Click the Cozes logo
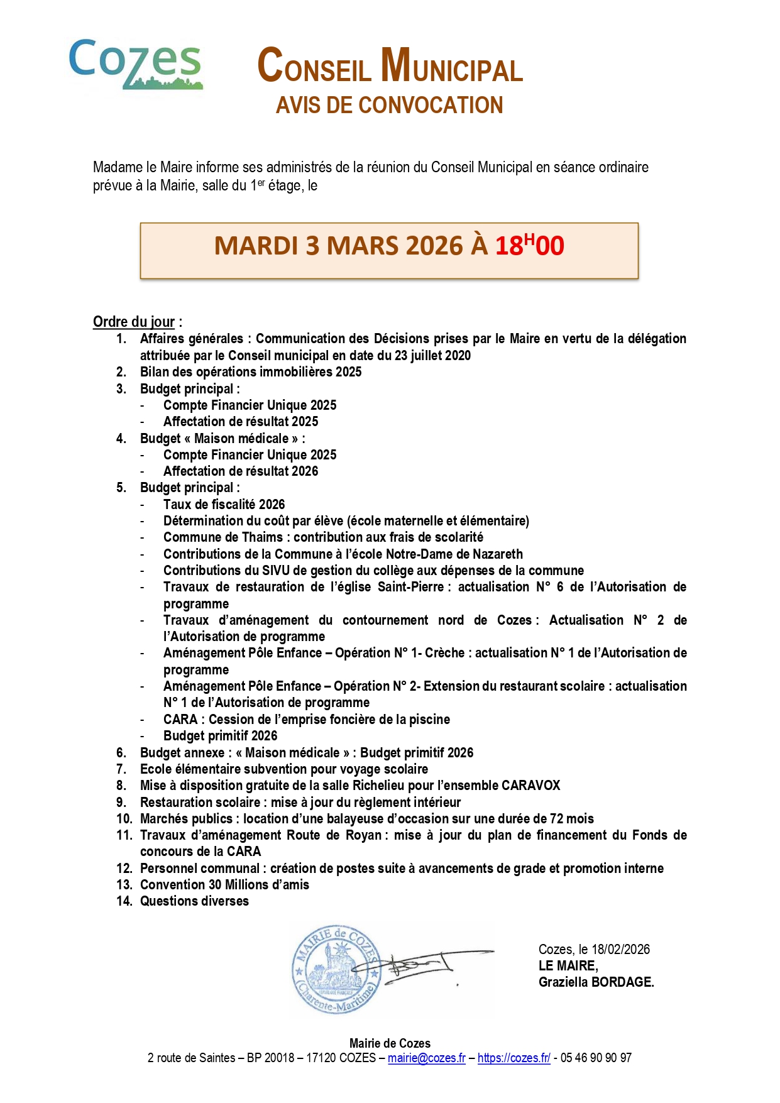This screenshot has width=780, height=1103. (135, 63)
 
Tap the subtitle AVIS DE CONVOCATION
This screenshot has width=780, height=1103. (389, 106)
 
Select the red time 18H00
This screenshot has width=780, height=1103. (529, 245)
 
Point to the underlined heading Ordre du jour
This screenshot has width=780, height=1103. (134, 322)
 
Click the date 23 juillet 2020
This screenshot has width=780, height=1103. (432, 355)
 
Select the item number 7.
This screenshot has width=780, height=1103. (121, 769)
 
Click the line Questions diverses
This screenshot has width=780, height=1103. (194, 901)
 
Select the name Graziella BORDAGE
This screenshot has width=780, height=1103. (596, 982)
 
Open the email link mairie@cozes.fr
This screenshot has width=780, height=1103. (426, 1058)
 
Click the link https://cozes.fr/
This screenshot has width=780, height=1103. (514, 1058)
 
